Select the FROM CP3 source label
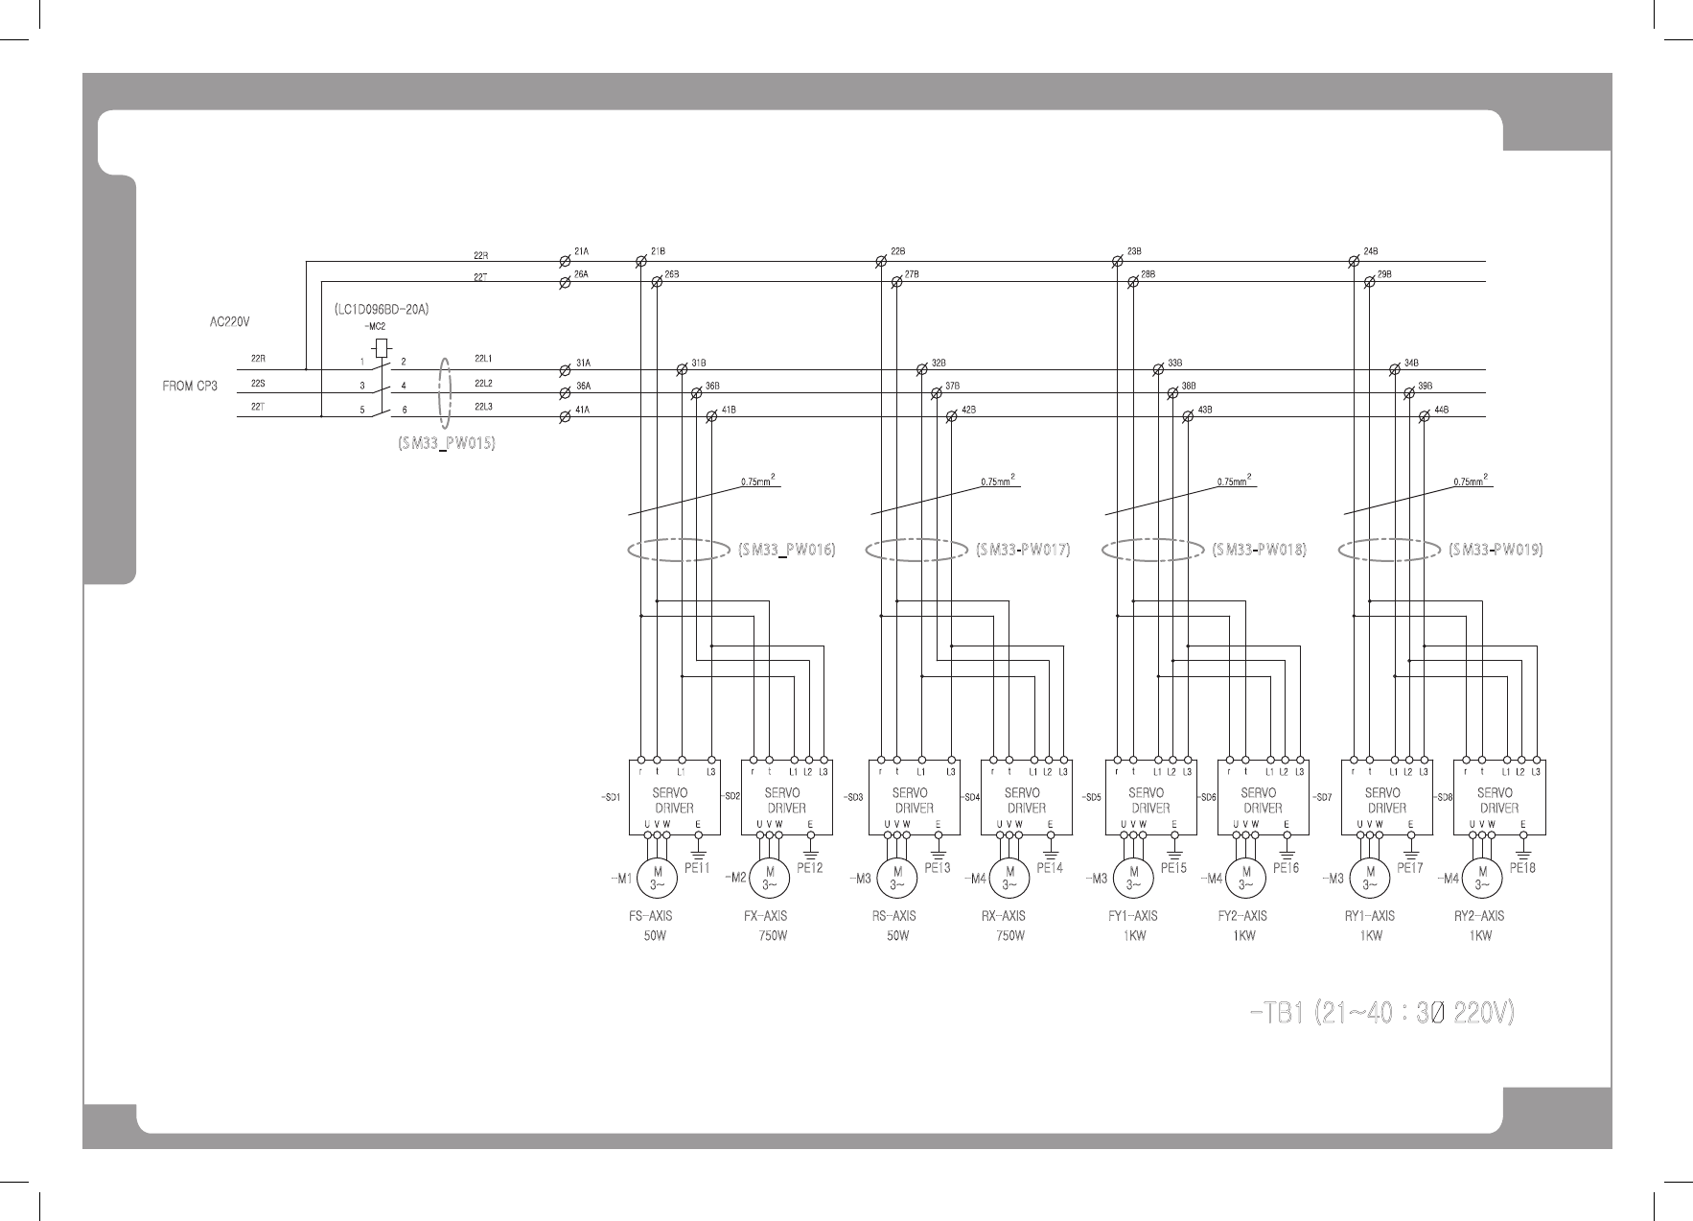click(191, 387)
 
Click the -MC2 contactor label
click(376, 327)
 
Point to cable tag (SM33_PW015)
click(447, 445)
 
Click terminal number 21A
click(581, 251)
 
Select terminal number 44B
click(1441, 410)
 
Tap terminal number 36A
click(582, 386)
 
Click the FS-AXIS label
click(650, 916)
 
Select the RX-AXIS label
click(1003, 916)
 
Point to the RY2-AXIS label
click(1479, 916)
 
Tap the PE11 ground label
click(697, 868)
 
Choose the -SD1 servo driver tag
click(611, 797)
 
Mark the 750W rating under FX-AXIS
click(773, 936)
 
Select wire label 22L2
click(482, 383)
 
